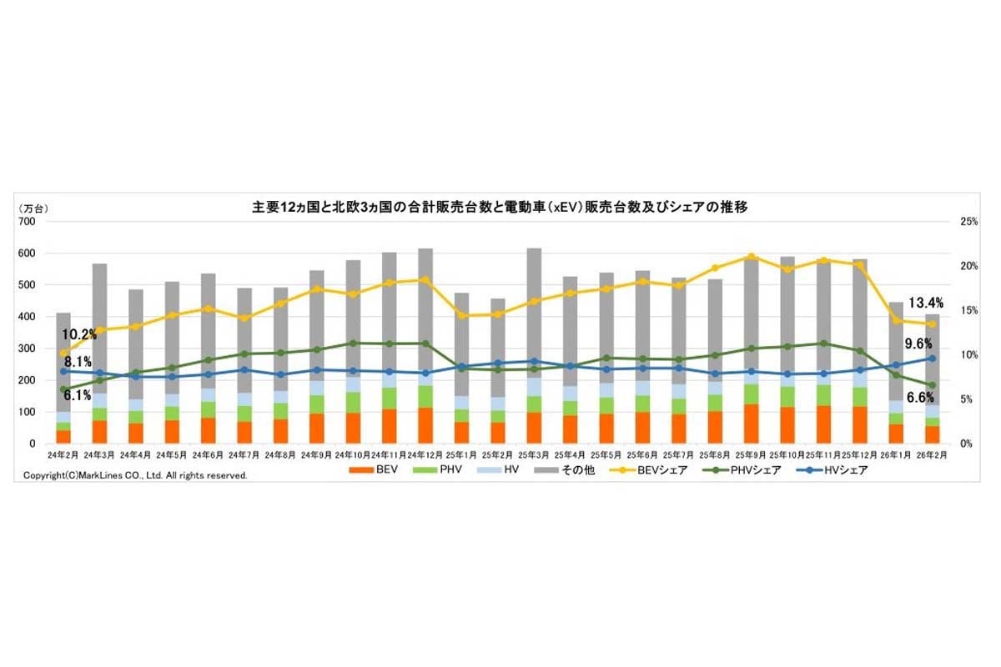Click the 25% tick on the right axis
point(968,221)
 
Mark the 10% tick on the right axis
point(968,355)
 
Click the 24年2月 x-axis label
point(63,455)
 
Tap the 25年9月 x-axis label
point(752,455)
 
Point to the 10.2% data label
point(78,334)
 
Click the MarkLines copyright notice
point(135,475)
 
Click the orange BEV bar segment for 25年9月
point(752,424)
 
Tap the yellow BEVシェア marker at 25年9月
point(752,257)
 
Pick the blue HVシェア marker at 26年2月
point(933,359)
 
